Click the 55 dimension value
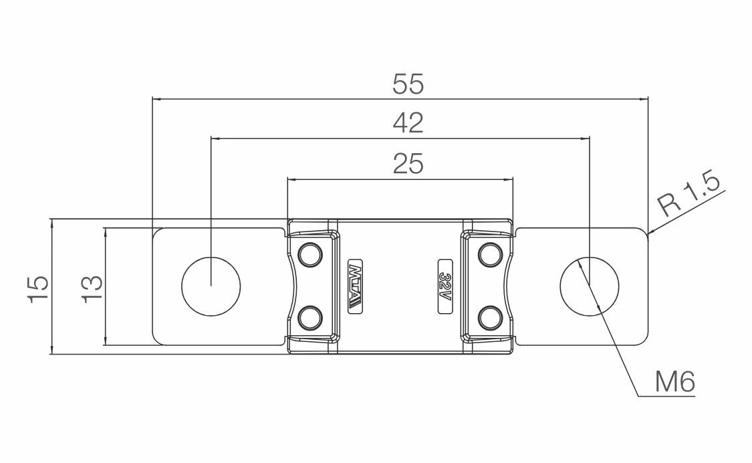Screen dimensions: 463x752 (x=408, y=84)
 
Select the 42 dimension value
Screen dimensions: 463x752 (x=408, y=123)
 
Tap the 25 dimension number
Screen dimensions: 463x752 (x=408, y=164)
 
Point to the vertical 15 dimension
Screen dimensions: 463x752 (x=38, y=288)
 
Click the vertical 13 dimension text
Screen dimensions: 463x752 (x=92, y=288)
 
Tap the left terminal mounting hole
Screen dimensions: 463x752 (x=211, y=286)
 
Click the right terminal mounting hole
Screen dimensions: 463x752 (x=589, y=286)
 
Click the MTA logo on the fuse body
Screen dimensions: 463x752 (x=355, y=286)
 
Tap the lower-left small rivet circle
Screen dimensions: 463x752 (x=309, y=318)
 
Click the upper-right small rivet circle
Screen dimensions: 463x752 (x=491, y=254)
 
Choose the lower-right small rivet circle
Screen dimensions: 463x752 (x=491, y=318)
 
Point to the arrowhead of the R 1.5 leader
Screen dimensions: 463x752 (x=650, y=233)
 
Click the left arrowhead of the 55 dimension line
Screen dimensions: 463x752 (x=156, y=99)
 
